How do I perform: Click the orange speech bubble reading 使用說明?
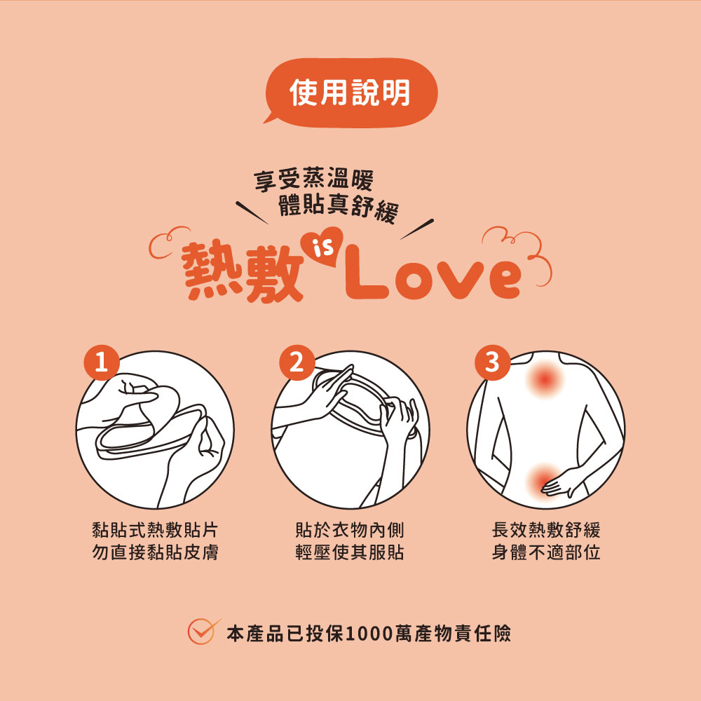(350, 93)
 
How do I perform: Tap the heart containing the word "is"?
(322, 248)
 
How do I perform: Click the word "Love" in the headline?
(434, 275)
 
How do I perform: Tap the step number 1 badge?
(102, 362)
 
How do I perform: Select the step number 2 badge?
(297, 362)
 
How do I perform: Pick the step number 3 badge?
(492, 362)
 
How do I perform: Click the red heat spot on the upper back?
(545, 379)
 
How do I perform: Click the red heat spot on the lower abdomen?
(542, 478)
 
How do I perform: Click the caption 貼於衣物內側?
(350, 530)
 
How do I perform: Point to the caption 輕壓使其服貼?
(350, 552)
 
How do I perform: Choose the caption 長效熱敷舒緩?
(545, 530)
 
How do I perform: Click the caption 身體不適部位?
(545, 552)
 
